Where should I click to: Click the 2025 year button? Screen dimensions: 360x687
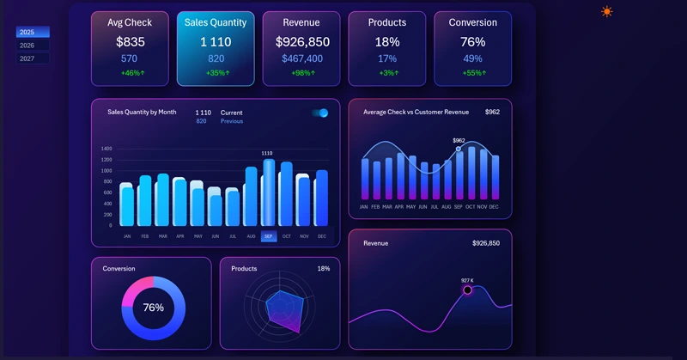pos(33,33)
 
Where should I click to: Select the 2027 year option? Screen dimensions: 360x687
pos(33,58)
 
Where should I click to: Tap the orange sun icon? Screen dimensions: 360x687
pos(607,12)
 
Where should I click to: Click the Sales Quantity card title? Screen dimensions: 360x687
pos(215,22)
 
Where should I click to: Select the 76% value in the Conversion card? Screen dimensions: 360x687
pos(472,41)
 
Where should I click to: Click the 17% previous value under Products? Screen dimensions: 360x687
pos(386,58)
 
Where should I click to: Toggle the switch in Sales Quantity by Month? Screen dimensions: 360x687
pos(320,113)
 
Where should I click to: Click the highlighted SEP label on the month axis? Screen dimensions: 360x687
pos(269,236)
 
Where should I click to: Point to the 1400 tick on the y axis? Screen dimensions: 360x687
pos(106,149)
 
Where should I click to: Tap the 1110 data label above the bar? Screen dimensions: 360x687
pos(267,154)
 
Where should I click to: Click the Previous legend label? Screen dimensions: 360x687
pos(232,121)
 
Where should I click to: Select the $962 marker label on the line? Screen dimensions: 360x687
pos(459,140)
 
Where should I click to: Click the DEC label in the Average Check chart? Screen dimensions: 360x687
pos(494,207)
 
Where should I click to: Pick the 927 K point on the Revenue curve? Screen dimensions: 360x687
pos(468,290)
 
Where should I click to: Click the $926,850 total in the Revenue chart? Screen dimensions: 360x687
pos(485,243)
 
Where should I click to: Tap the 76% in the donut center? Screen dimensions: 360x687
pos(153,308)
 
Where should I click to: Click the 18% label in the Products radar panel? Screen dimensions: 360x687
pos(323,268)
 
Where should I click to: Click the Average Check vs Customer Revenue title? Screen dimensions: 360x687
pos(416,112)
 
